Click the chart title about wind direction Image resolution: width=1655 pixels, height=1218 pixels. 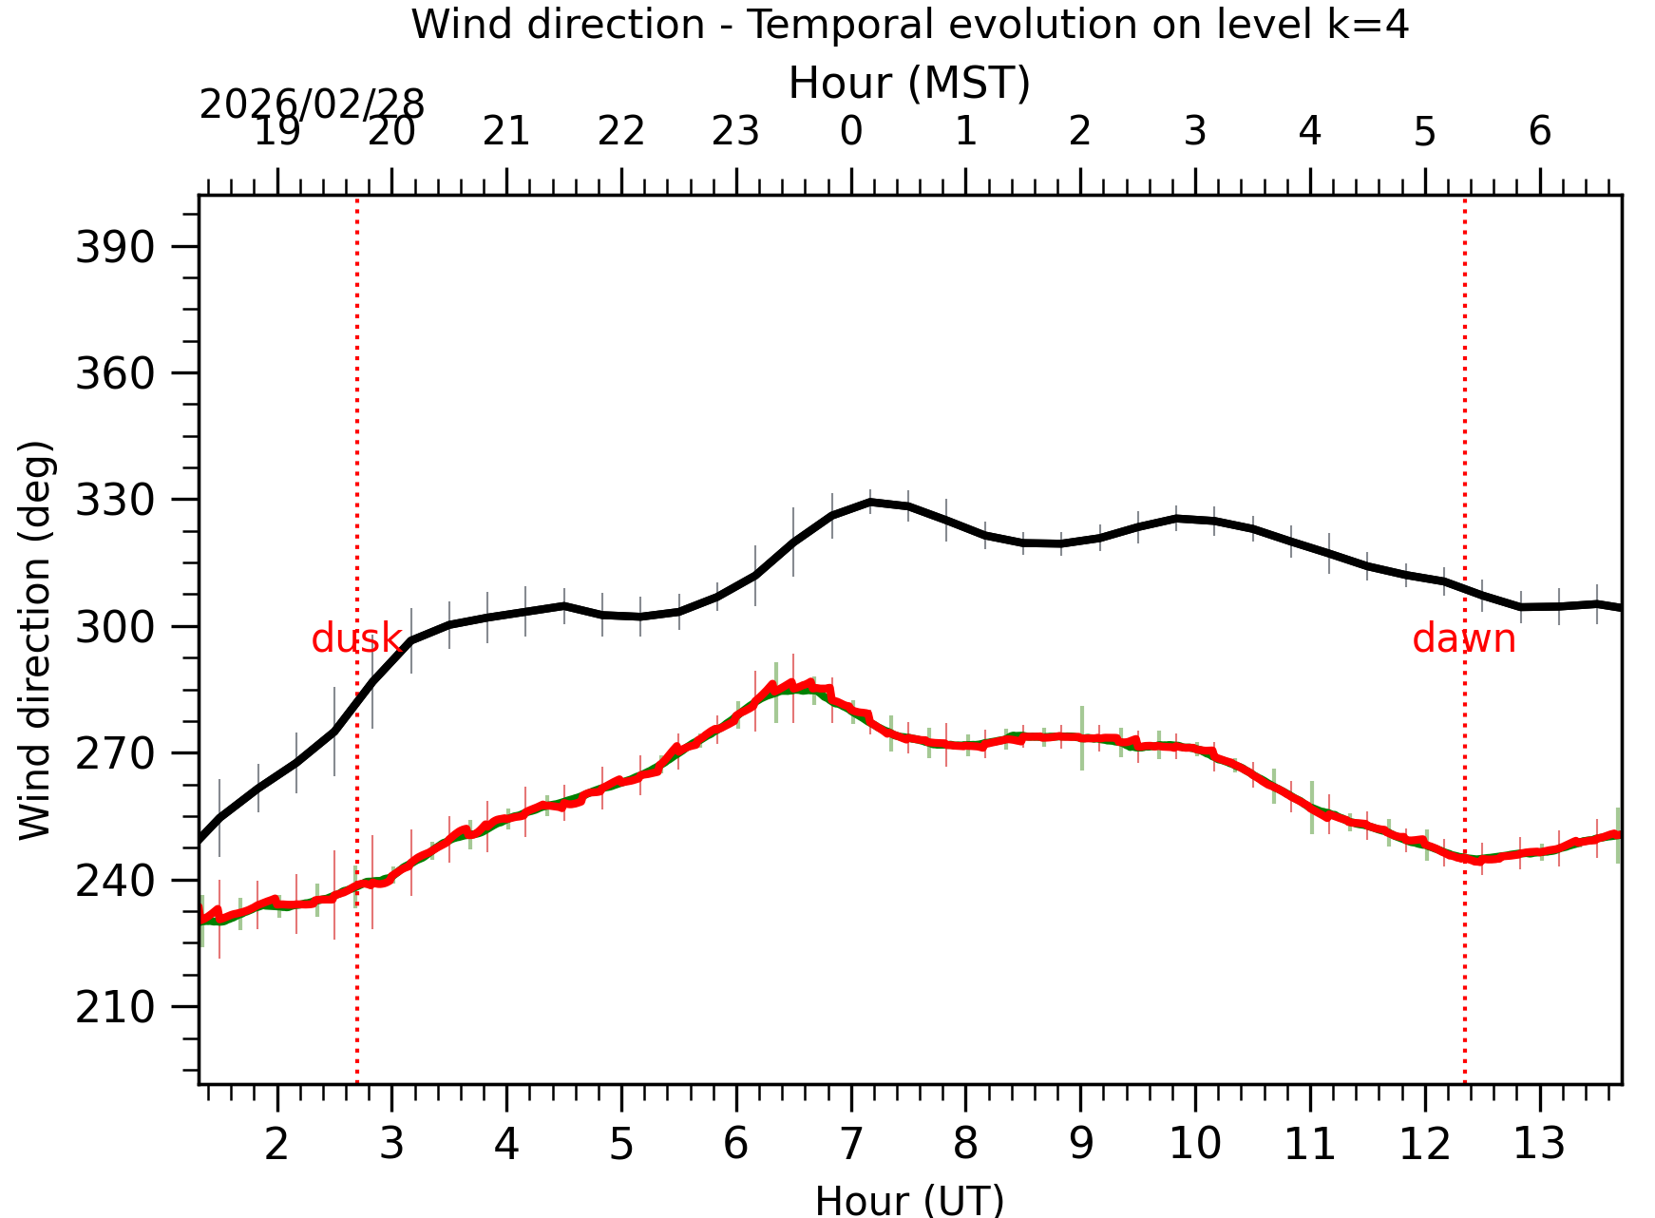pyautogui.click(x=909, y=25)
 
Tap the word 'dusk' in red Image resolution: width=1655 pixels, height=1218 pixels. pyautogui.click(x=356, y=639)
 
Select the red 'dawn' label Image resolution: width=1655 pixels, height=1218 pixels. pyautogui.click(x=1463, y=639)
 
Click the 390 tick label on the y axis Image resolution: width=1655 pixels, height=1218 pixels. pyautogui.click(x=115, y=248)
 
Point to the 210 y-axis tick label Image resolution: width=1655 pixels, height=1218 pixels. pyautogui.click(x=115, y=1008)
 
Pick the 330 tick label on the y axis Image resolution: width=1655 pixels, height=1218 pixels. pyautogui.click(x=115, y=501)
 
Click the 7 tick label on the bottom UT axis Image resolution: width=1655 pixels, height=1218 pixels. pyautogui.click(x=851, y=1144)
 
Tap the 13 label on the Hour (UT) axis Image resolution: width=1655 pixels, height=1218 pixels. pyautogui.click(x=1539, y=1144)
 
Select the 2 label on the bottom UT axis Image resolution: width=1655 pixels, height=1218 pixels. pyautogui.click(x=276, y=1144)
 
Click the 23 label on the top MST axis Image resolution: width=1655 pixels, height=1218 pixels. pyautogui.click(x=735, y=131)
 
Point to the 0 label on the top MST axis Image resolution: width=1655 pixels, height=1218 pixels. pyautogui.click(x=851, y=131)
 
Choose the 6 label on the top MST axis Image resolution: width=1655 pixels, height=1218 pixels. pyautogui.click(x=1540, y=131)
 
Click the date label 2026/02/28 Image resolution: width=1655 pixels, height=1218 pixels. pyautogui.click(x=312, y=105)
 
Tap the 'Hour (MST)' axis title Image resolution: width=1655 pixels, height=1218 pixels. pyautogui.click(x=909, y=84)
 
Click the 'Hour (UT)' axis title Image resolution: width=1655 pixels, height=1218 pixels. pyautogui.click(x=909, y=1201)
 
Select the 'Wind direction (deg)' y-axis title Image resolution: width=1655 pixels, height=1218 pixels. pyautogui.click(x=35, y=639)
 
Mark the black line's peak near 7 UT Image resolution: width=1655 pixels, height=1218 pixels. pyautogui.click(x=870, y=502)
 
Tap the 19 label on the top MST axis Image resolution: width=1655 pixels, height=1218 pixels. pyautogui.click(x=276, y=131)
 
